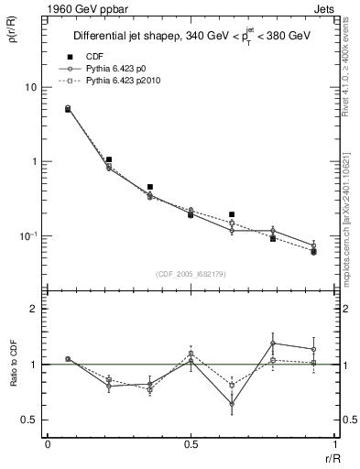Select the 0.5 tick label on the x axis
pos(191,446)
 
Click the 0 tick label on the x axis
pos(48,446)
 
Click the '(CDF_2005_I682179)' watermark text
pos(191,272)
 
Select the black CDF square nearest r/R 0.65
pos(232,214)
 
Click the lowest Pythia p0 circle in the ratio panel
pos(232,403)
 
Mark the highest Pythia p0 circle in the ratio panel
pos(273,344)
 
